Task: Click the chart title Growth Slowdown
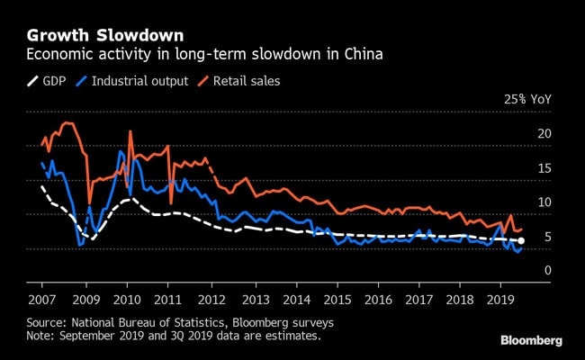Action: coord(105,36)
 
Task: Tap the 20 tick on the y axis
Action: coord(543,134)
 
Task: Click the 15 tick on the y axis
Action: coord(543,168)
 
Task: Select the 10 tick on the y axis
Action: coord(543,202)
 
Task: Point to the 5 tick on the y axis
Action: coord(546,237)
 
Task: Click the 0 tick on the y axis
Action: coord(546,271)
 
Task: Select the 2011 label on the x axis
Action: coord(168,298)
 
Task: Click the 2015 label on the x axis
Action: coord(337,298)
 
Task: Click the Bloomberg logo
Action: coord(531,340)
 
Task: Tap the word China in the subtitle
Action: coord(364,56)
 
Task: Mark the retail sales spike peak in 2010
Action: coord(130,131)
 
